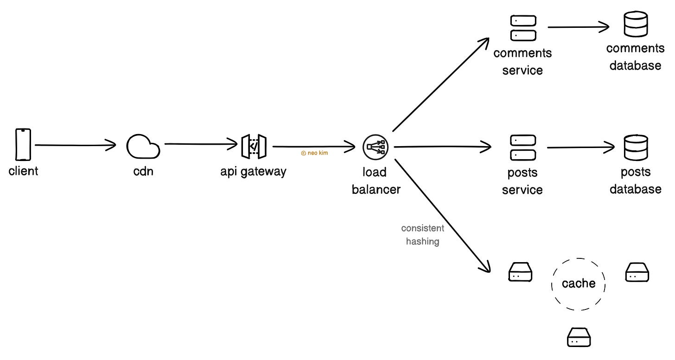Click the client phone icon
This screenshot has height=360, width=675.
23,145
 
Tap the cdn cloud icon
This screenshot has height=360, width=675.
143,147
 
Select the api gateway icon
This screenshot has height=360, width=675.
254,147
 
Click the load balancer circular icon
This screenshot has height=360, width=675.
375,147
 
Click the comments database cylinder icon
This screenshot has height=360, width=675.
635,24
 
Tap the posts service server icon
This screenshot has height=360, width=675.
523,148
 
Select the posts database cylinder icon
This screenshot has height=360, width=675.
636,147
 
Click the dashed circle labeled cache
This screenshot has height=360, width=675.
578,283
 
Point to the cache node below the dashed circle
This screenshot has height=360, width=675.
579,337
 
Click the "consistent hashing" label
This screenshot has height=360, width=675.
422,235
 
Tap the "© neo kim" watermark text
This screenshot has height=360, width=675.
314,153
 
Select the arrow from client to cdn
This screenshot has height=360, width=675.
74,145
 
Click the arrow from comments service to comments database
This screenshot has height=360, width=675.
578,27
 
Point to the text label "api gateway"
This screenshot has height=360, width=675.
253,171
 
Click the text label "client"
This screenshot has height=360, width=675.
23,171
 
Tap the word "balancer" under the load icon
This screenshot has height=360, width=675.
376,189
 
